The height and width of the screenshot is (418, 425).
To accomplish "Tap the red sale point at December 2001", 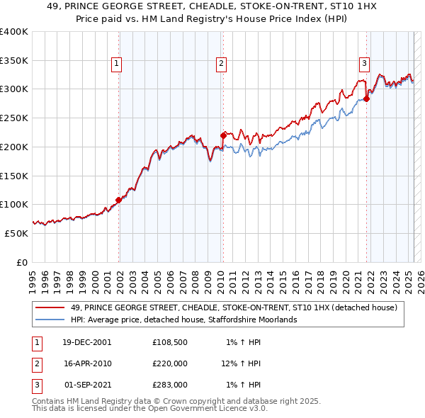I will [118, 200].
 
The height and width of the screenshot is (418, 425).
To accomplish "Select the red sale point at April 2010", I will [223, 135].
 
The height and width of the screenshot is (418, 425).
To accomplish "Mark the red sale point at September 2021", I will [367, 99].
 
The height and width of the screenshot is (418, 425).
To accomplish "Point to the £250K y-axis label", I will [14, 118].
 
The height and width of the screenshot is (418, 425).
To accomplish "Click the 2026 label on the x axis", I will [419, 276].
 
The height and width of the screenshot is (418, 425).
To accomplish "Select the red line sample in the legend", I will [50, 307].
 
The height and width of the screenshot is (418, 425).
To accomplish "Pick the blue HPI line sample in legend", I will [50, 320].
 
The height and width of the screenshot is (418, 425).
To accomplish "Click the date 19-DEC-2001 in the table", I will [86, 342].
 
